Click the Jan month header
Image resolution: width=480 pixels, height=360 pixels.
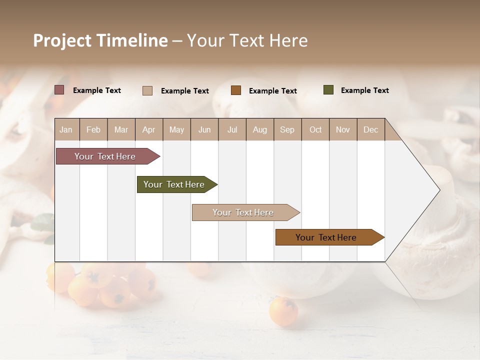tap(66, 129)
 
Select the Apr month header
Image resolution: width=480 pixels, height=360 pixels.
tap(148, 129)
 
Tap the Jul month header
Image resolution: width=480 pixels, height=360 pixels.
tap(232, 129)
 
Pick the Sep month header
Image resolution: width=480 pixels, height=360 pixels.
tap(287, 129)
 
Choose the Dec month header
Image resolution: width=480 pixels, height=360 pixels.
tap(370, 129)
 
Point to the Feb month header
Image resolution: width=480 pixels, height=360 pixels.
tap(93, 129)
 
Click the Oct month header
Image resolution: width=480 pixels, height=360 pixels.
tap(315, 129)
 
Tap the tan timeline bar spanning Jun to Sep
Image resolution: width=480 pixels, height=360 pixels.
tap(243, 212)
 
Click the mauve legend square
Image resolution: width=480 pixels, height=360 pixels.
tap(59, 90)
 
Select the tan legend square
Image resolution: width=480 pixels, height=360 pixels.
tap(147, 90)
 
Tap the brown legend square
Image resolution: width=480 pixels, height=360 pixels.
tap(236, 90)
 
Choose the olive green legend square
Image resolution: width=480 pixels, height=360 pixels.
tap(328, 90)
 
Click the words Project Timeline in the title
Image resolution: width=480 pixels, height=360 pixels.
tap(100, 40)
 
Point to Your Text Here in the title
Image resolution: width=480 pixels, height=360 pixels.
tap(247, 40)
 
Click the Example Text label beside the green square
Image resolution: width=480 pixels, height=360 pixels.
tap(364, 90)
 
